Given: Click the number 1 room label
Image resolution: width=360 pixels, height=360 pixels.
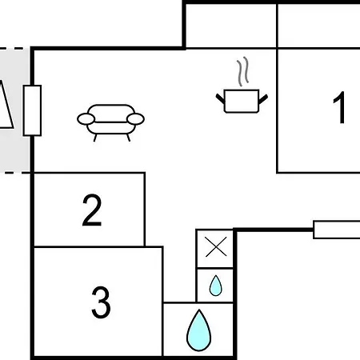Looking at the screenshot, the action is click(339, 107).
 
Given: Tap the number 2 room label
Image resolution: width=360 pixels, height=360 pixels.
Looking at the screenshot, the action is click(92, 210).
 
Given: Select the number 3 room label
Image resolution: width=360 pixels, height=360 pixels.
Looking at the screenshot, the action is click(101, 302).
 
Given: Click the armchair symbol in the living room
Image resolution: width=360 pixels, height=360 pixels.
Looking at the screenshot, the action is click(110, 122).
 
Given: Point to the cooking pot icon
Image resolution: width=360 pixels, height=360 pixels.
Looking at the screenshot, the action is click(242, 102).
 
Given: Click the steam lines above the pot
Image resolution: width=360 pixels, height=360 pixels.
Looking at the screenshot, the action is click(243, 71).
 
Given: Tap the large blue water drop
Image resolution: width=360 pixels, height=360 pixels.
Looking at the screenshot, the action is click(198, 330).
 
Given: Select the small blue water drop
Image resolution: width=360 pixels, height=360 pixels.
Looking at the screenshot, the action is click(215, 286).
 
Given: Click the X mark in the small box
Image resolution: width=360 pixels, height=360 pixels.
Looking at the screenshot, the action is click(216, 246).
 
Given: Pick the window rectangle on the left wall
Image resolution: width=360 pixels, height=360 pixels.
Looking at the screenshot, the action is click(32, 110).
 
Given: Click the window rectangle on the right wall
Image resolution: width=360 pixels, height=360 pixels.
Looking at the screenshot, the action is click(337, 230).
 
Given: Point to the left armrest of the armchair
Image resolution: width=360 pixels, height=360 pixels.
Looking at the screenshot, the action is click(86, 119).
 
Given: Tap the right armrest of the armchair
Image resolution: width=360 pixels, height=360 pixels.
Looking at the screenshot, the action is click(135, 119).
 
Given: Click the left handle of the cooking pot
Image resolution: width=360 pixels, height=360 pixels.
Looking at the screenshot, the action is click(220, 98).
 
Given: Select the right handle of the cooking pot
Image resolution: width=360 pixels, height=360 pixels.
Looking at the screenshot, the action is click(263, 99).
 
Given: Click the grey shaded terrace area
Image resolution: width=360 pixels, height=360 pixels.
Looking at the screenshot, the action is click(14, 110).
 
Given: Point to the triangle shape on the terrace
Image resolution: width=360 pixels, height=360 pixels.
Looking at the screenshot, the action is click(6, 105).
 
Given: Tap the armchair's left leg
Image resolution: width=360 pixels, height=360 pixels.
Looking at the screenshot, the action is click(95, 138).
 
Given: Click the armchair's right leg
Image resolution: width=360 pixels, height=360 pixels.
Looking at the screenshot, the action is click(129, 138).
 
